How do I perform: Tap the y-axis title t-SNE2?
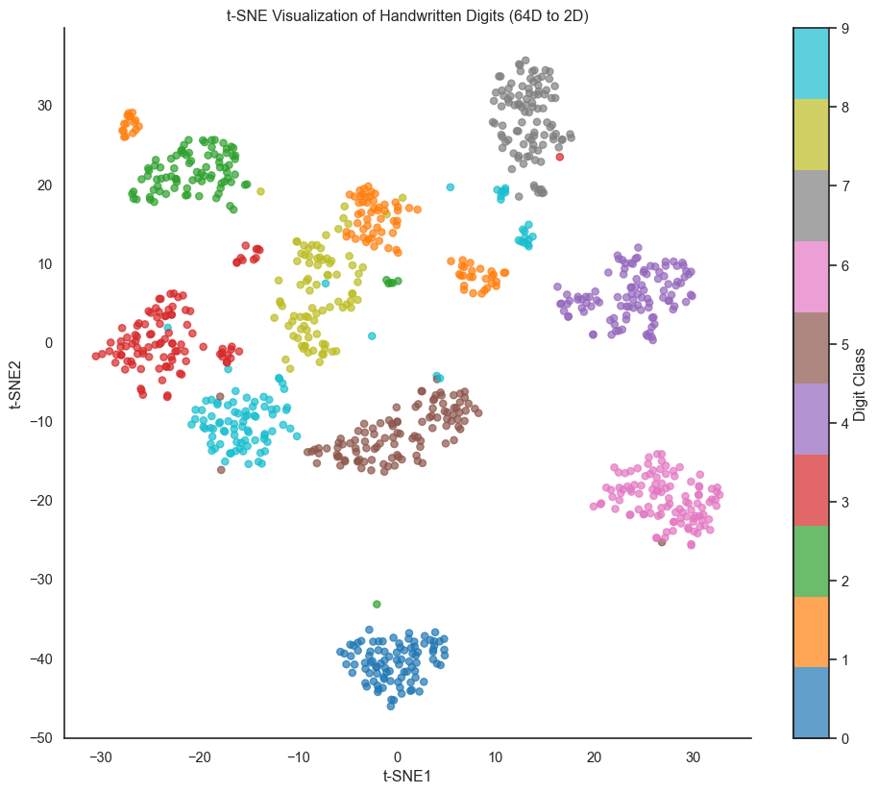click(16, 383)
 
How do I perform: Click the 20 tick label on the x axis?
click(594, 756)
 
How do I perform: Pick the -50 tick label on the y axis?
click(42, 738)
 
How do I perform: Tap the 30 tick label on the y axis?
click(46, 106)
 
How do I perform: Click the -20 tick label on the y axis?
click(42, 501)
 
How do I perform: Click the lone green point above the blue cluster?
click(377, 604)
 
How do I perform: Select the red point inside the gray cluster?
click(560, 157)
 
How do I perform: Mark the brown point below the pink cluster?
click(662, 542)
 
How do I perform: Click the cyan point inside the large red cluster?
click(167, 328)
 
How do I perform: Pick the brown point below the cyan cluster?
click(221, 469)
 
